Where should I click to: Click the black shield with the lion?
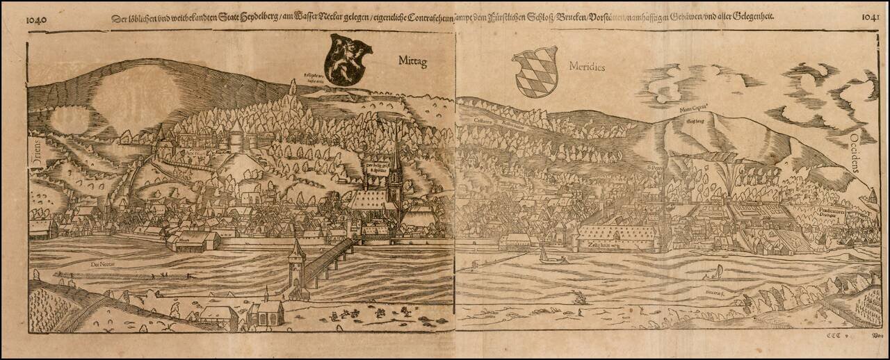(348, 60)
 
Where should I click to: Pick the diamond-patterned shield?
(535, 71)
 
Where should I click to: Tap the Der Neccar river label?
(102, 263)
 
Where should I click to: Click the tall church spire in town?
(396, 163)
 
